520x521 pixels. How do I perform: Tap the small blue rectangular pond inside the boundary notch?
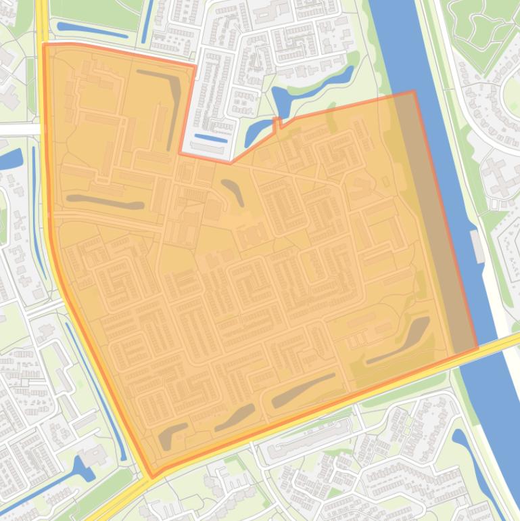[x=210, y=139]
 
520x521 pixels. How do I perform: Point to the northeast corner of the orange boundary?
[x=413, y=91]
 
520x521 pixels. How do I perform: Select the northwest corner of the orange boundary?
[x=44, y=45]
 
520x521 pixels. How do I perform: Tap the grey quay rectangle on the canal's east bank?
[x=477, y=246]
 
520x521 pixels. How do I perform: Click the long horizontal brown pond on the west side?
[x=105, y=202]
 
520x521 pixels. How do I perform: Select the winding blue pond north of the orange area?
[x=304, y=95]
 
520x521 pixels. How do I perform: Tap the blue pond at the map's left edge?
[x=10, y=160]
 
